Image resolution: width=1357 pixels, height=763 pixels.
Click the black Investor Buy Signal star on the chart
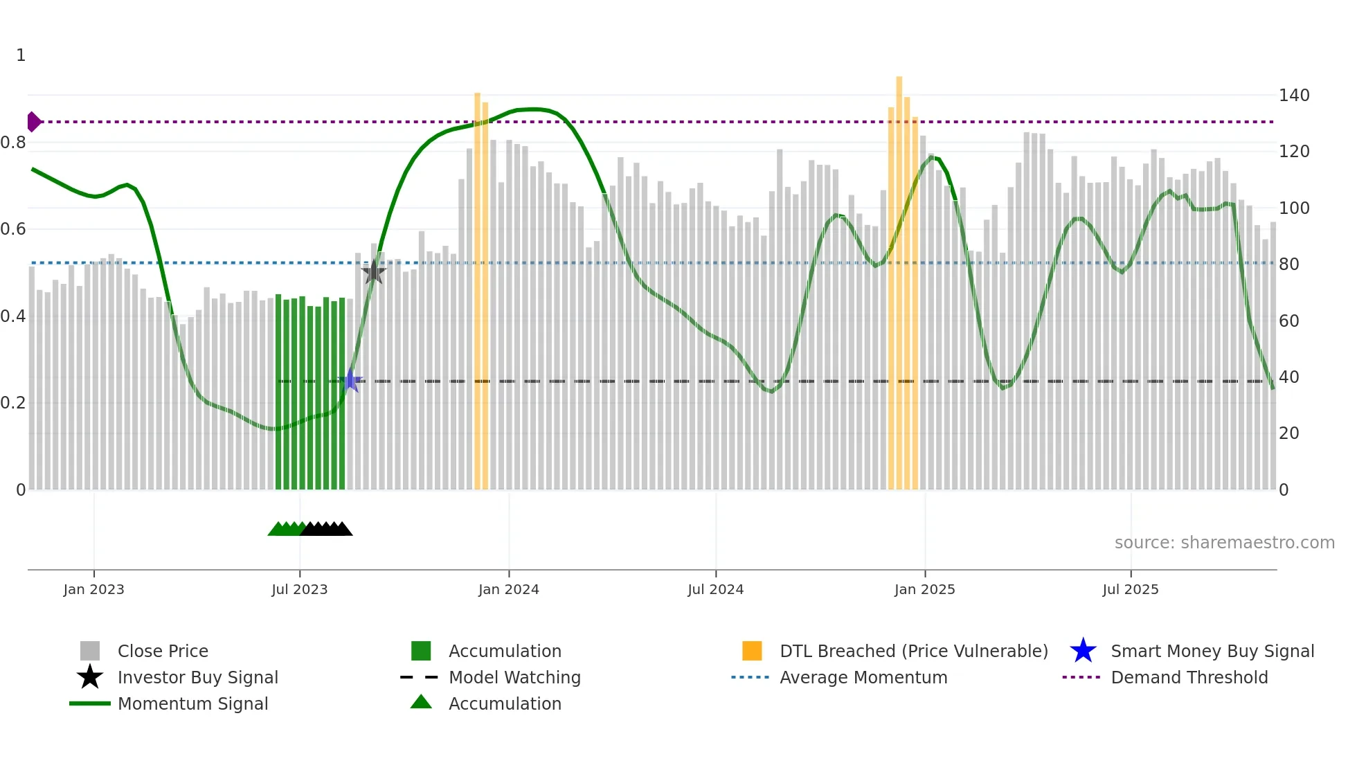[374, 272]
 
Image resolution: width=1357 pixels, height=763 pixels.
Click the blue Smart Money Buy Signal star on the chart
[350, 381]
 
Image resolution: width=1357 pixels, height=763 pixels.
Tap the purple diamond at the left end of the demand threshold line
[33, 122]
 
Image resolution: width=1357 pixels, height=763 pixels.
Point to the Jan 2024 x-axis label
[508, 589]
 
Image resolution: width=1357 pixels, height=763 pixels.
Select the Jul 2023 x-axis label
[299, 589]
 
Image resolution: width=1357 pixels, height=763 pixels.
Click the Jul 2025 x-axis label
[1130, 589]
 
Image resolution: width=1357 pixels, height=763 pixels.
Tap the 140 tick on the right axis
[1293, 96]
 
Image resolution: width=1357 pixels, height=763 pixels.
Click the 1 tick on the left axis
[21, 55]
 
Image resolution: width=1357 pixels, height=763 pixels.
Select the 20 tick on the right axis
[1288, 433]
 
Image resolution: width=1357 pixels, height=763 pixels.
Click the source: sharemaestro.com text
[1224, 543]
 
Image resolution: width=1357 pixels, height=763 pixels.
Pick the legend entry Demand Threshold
[1189, 677]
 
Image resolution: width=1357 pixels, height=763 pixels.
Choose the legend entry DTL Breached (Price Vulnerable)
[913, 651]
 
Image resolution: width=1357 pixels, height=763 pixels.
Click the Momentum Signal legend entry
[192, 703]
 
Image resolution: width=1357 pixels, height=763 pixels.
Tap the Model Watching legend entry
[514, 677]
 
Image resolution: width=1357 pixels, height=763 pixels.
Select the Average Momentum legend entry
[863, 677]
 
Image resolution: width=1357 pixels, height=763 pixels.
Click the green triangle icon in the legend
[421, 702]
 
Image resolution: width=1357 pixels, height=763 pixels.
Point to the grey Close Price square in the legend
[90, 651]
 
